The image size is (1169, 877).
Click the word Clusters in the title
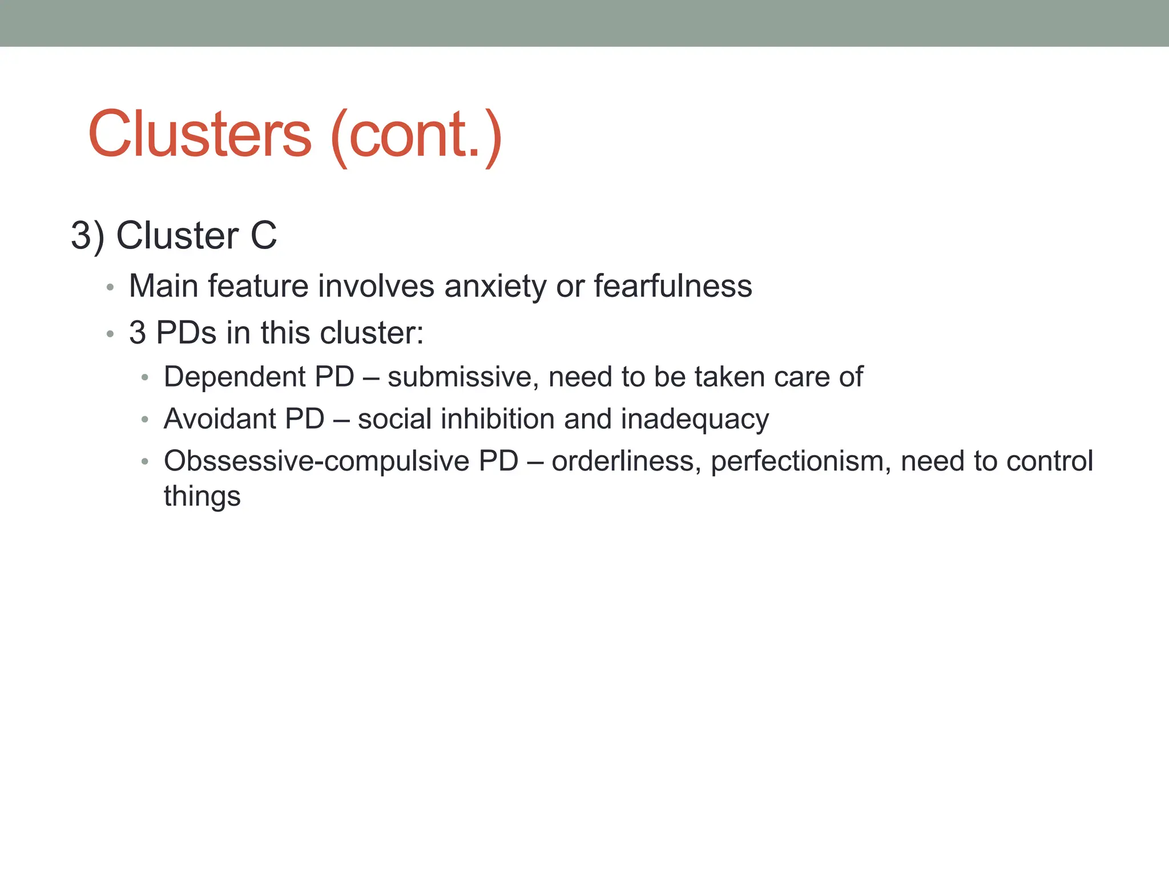click(200, 135)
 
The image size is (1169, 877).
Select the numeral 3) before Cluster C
click(87, 236)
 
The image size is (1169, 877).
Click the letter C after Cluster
click(263, 235)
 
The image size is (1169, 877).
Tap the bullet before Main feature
click(110, 287)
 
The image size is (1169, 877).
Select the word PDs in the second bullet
click(186, 333)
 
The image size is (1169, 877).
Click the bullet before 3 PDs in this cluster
click(110, 334)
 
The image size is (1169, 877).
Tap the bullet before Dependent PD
click(145, 378)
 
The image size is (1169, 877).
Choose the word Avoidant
click(219, 419)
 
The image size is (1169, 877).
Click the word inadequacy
click(695, 420)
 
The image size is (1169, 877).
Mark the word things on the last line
click(202, 496)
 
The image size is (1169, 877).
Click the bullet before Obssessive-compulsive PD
click(145, 462)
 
